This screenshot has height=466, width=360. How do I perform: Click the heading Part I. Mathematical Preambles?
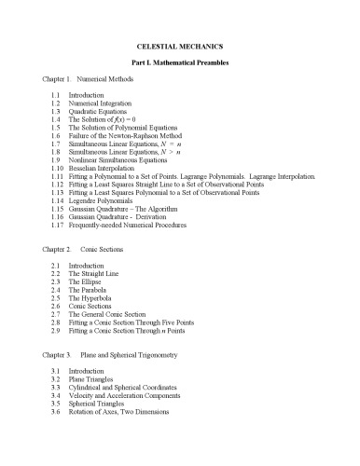(180, 63)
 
